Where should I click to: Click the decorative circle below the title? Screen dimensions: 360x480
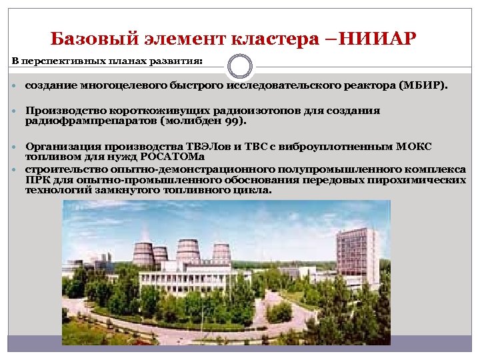[x=240, y=67]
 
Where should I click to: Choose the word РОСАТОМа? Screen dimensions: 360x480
[x=174, y=157]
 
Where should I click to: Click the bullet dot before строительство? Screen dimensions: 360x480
[x=16, y=169]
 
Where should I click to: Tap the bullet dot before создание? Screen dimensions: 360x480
[x=16, y=87]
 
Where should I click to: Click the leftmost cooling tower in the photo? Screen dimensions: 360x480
[x=143, y=253]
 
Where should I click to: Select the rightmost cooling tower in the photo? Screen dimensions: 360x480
[x=221, y=253]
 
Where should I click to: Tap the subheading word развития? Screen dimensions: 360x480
[x=180, y=61]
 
